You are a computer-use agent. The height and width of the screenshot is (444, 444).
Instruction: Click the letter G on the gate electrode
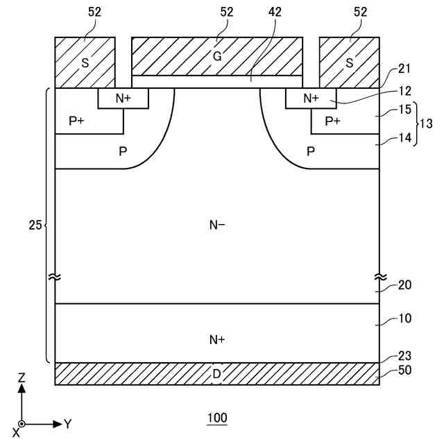pyautogui.click(x=217, y=56)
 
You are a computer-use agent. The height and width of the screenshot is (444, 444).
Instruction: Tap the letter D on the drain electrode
pyautogui.click(x=217, y=375)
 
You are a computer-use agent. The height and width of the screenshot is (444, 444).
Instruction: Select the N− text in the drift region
pyautogui.click(x=217, y=224)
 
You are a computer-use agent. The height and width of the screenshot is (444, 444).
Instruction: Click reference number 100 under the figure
pyautogui.click(x=217, y=418)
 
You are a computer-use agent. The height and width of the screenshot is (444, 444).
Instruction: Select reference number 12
pyautogui.click(x=406, y=91)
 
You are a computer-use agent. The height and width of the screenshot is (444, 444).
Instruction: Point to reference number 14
pyautogui.click(x=406, y=138)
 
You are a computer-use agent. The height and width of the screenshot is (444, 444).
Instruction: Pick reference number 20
pyautogui.click(x=406, y=286)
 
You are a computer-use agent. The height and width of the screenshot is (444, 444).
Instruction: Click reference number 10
pyautogui.click(x=406, y=319)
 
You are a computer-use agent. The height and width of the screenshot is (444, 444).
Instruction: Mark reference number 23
pyautogui.click(x=406, y=356)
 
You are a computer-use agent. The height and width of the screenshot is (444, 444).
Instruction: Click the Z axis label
pyautogui.click(x=22, y=379)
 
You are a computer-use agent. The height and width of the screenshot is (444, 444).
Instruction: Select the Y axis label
pyautogui.click(x=68, y=423)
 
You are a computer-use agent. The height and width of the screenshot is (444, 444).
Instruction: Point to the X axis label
pyautogui.click(x=15, y=432)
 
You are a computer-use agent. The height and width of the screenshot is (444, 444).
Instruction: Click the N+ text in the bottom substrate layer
pyautogui.click(x=217, y=339)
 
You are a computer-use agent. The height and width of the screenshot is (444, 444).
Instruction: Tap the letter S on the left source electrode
pyautogui.click(x=85, y=62)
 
